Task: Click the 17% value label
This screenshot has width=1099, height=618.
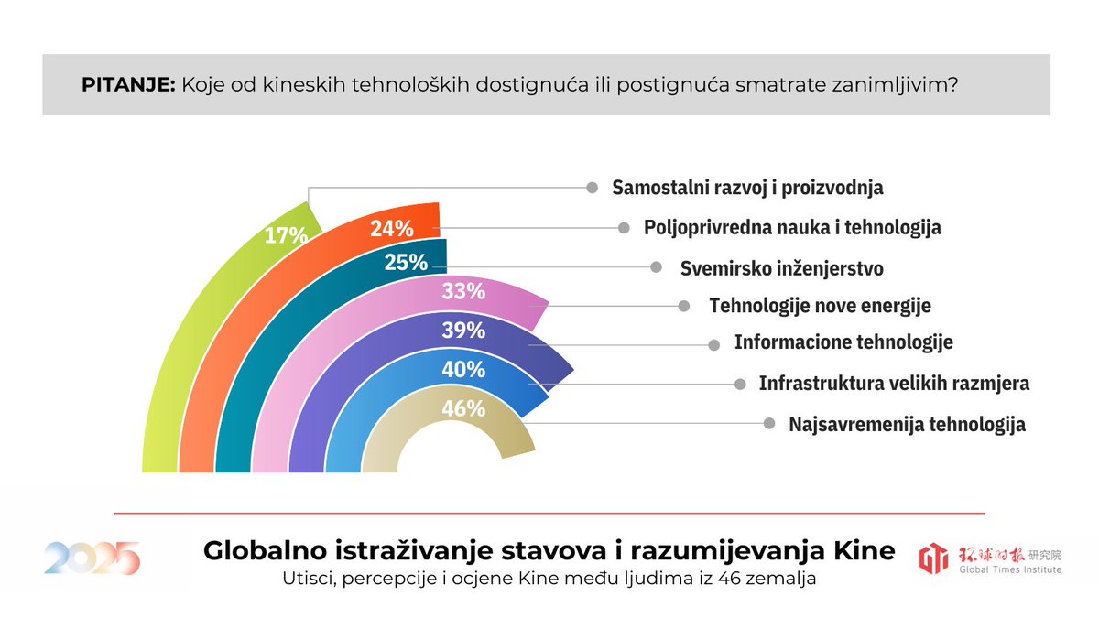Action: tap(286, 235)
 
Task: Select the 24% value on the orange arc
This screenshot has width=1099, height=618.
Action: tap(392, 229)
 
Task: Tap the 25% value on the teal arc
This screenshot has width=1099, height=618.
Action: tap(406, 263)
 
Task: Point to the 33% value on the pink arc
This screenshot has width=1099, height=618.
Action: tap(462, 292)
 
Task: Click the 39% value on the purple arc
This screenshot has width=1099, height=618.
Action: tap(462, 331)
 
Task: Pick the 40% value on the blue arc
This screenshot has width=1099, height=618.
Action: tap(462, 369)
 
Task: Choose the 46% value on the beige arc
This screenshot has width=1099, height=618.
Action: tap(462, 408)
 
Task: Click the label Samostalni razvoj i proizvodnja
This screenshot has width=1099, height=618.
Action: tap(747, 188)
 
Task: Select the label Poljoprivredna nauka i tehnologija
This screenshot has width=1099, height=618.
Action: tap(792, 227)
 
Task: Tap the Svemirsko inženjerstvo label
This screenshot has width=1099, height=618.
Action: tap(781, 268)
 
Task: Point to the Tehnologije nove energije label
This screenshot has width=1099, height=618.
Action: tap(820, 306)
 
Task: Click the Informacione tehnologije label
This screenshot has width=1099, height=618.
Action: tap(843, 342)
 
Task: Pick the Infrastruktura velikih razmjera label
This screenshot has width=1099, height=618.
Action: tap(894, 384)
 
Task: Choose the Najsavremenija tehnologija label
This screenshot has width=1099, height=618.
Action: tap(907, 425)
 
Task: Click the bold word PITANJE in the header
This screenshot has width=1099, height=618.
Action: tap(127, 85)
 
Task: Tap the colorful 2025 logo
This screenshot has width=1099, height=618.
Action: tap(92, 558)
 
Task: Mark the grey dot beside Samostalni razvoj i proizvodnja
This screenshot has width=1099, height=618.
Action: tap(593, 187)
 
